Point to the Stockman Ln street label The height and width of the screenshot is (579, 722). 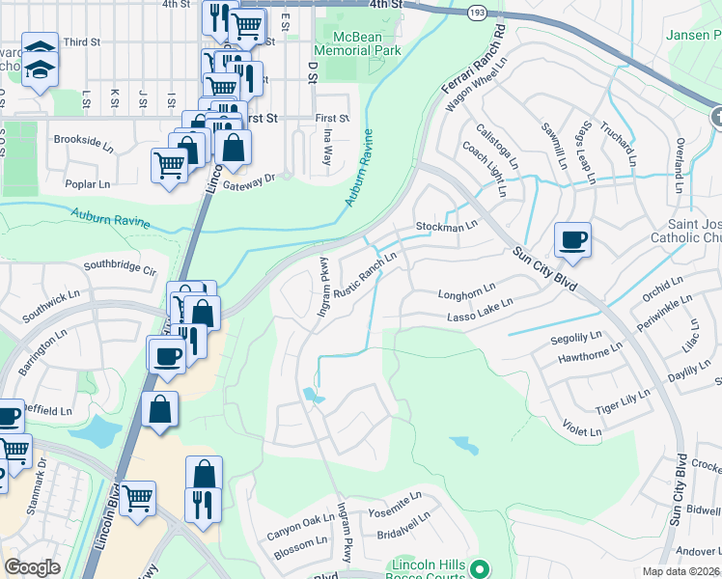447,226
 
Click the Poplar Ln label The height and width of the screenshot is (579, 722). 89,183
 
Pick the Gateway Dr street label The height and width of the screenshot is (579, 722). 256,178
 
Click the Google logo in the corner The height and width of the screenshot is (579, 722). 33,567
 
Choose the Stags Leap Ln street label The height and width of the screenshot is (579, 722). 584,149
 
